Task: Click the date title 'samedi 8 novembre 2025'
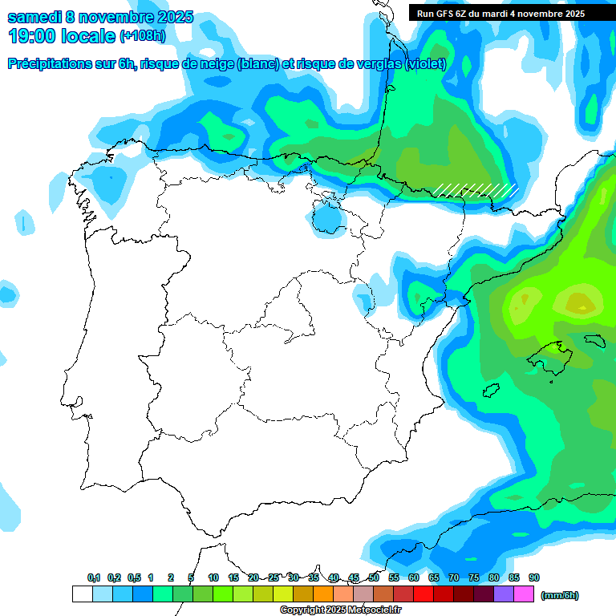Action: pyautogui.click(x=100, y=17)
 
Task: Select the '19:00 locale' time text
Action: pyautogui.click(x=62, y=36)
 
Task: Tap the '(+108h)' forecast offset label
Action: pyautogui.click(x=143, y=36)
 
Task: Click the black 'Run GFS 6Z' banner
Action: pyautogui.click(x=500, y=13)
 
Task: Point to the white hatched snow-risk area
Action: pyautogui.click(x=475, y=190)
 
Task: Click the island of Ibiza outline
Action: pyautogui.click(x=491, y=391)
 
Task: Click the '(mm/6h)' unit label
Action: pyautogui.click(x=559, y=595)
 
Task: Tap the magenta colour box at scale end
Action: pyautogui.click(x=524, y=594)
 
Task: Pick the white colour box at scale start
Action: pyautogui.click(x=82, y=594)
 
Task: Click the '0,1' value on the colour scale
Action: pyautogui.click(x=94, y=578)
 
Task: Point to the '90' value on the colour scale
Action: pyautogui.click(x=534, y=578)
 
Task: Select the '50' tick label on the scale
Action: pyautogui.click(x=374, y=578)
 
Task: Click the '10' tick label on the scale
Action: pyautogui.click(x=213, y=578)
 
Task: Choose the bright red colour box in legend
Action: pyautogui.click(x=423, y=594)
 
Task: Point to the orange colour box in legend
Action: pyautogui.click(x=322, y=594)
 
